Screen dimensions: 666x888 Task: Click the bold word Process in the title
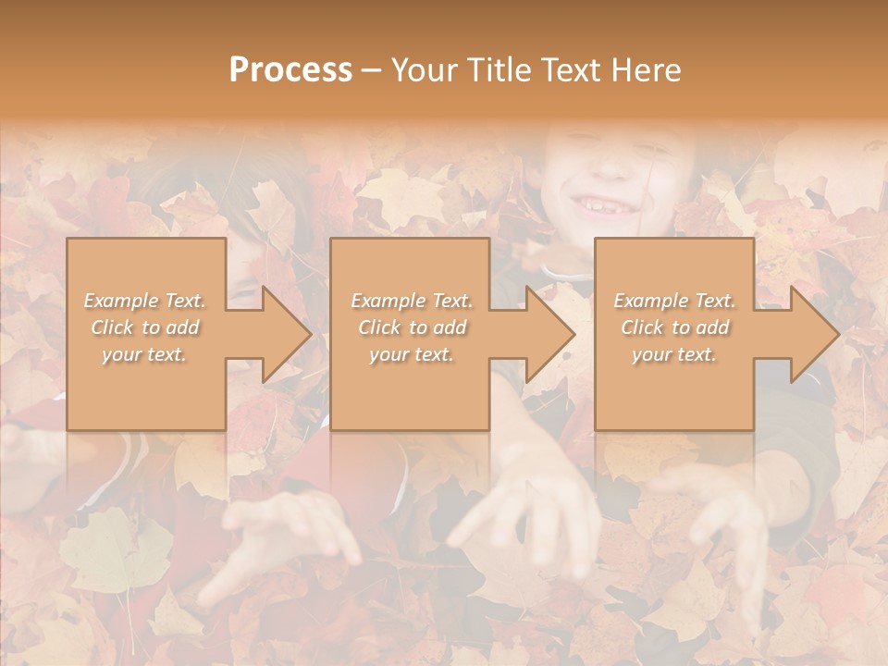coord(290,70)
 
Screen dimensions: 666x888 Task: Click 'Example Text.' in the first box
coord(145,301)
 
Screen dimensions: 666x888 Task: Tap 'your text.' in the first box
coord(145,354)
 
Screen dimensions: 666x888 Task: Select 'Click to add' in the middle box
coord(412,327)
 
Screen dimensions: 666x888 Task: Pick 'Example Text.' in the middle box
coord(412,301)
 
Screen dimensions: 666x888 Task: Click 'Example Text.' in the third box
coord(674,301)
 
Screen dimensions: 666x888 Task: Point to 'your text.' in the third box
coord(674,354)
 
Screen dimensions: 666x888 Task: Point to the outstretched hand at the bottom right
coord(731,536)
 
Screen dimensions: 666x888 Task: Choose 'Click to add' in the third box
coord(674,327)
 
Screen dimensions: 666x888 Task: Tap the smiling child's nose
coord(610,166)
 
